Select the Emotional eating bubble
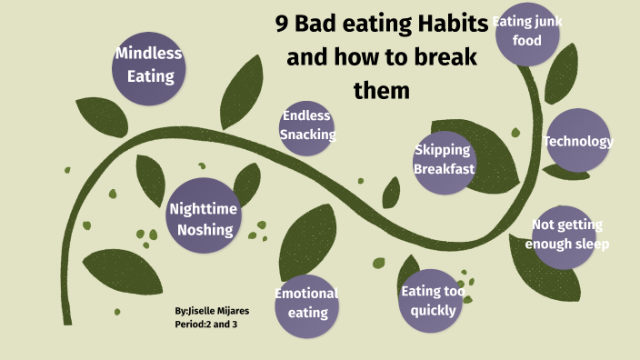pos(307,303)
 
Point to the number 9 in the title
pos(283,25)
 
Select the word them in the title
pos(382,91)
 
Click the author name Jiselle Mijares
pos(216,311)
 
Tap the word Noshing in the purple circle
pos(205,229)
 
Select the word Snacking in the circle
pos(307,135)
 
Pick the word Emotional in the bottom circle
pos(305,293)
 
